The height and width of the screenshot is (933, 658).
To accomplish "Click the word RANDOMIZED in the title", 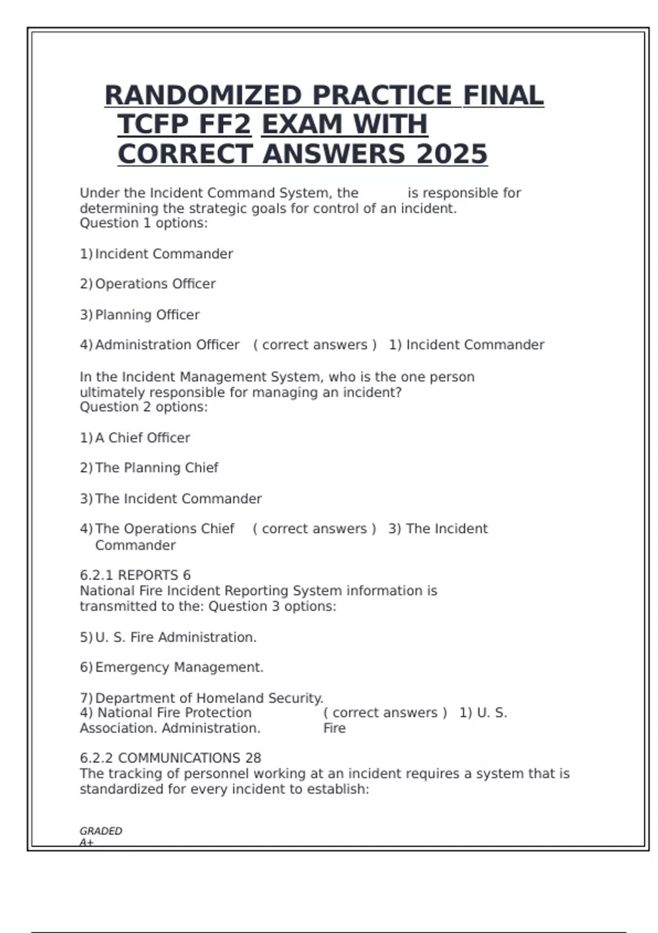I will click(x=203, y=95).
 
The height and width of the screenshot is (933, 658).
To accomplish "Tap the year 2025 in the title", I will click(x=452, y=154).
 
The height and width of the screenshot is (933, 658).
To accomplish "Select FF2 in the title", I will click(x=224, y=125).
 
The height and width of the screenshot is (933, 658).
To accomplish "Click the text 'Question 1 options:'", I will click(x=144, y=223).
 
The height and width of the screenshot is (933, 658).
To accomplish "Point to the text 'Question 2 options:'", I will click(x=144, y=407).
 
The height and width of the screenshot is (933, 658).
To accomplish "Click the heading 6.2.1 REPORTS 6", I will click(x=135, y=575).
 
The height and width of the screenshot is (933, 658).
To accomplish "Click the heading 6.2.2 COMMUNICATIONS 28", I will click(x=170, y=758).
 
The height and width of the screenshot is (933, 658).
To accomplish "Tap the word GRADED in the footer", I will click(x=101, y=831).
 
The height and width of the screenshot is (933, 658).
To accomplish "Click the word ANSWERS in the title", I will click(x=334, y=154).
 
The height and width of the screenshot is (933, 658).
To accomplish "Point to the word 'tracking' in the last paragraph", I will click(x=131, y=774).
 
